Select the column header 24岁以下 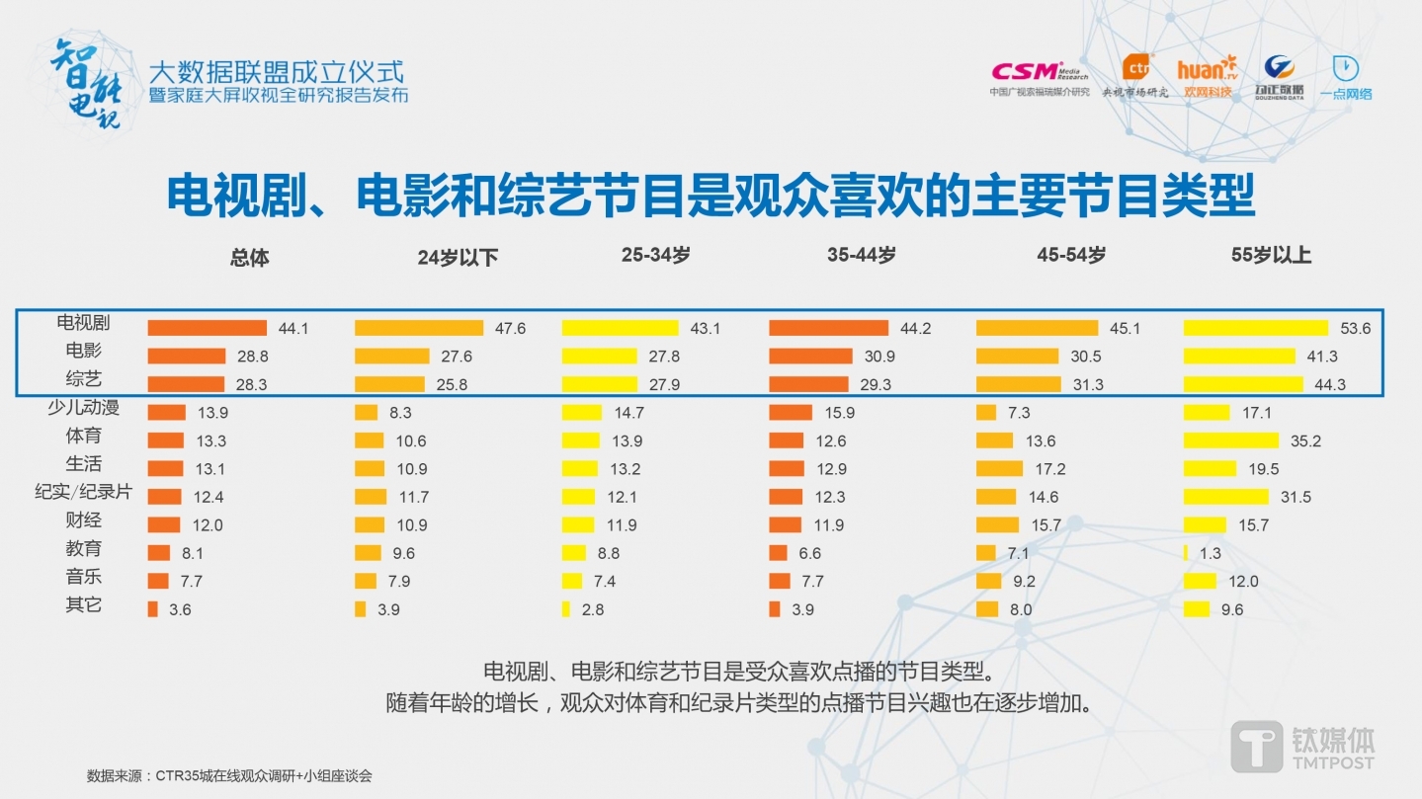tap(458, 258)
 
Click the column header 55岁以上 tap(1271, 255)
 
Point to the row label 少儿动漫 tap(83, 408)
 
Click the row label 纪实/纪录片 tap(83, 492)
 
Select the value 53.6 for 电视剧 tap(1354, 329)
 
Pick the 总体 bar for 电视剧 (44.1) tap(208, 328)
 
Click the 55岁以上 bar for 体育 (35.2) tap(1231, 440)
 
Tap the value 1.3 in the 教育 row tap(1211, 553)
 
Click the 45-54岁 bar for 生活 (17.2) tap(999, 468)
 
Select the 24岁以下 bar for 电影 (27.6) tap(392, 357)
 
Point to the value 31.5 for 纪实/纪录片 tap(1295, 497)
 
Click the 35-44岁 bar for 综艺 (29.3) tap(808, 384)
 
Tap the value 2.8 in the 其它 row tap(593, 609)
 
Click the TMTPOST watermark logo tap(1302, 745)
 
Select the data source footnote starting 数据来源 tap(229, 776)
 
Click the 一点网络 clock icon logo tap(1346, 69)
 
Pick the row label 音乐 tap(83, 577)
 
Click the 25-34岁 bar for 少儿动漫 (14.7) tap(582, 413)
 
